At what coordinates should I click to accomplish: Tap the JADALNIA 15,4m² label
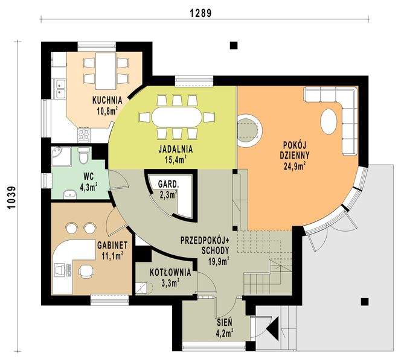pos(176,154)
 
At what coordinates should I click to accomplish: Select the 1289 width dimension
pos(200,13)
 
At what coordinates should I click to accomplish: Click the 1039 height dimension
pos(12,197)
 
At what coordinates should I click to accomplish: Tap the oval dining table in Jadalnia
pos(177,117)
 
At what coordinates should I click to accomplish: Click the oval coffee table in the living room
pos(329,121)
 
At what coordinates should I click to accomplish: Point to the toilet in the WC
pos(83,156)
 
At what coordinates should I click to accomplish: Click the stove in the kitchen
pos(84,136)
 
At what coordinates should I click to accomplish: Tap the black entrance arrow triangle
pos(273,329)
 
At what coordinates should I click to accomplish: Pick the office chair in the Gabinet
pos(86,271)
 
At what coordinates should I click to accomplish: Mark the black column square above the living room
pos(234,45)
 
